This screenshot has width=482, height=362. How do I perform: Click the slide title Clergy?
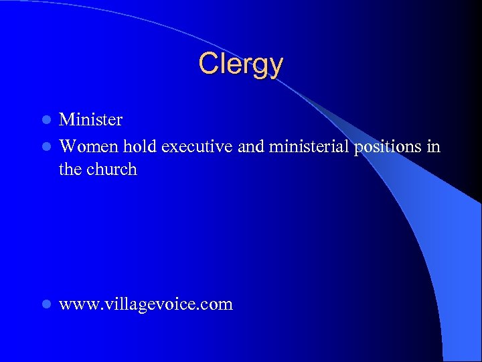241,64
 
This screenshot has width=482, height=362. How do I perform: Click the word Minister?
91,120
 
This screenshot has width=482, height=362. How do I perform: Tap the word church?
112,170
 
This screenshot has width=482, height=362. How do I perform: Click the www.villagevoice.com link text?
146,304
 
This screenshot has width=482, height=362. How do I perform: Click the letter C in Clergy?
208,64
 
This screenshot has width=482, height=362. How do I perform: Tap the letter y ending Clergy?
276,67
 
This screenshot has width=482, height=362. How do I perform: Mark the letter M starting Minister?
67,120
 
